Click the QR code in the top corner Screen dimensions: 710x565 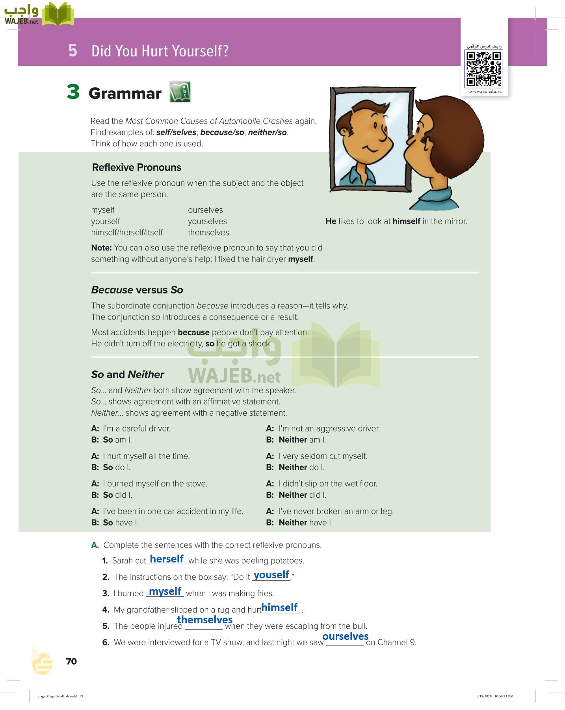pos(483,69)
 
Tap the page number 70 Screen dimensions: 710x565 pos(71,661)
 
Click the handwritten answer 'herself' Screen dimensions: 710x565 pos(167,559)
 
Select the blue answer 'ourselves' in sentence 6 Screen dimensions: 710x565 pos(345,636)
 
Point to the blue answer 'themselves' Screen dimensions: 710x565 pos(204,620)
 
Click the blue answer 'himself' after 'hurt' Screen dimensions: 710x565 pos(279,607)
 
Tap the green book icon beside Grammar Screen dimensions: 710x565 pos(180,92)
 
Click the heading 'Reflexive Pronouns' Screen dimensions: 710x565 pos(136,167)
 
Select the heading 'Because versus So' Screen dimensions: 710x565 pos(137,290)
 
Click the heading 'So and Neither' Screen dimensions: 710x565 pos(128,374)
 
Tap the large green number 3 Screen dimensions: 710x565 pos(73,92)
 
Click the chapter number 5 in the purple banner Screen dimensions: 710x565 pos(72,50)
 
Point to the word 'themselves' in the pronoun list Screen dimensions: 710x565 pos(208,233)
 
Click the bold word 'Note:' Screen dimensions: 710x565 pos(101,248)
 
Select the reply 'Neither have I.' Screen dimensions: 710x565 pos(305,523)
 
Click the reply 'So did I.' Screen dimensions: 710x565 pos(117,495)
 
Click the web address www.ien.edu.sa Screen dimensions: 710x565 pos(485,92)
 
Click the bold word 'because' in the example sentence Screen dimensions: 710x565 pos(193,333)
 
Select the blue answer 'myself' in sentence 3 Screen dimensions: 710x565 pos(165,592)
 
